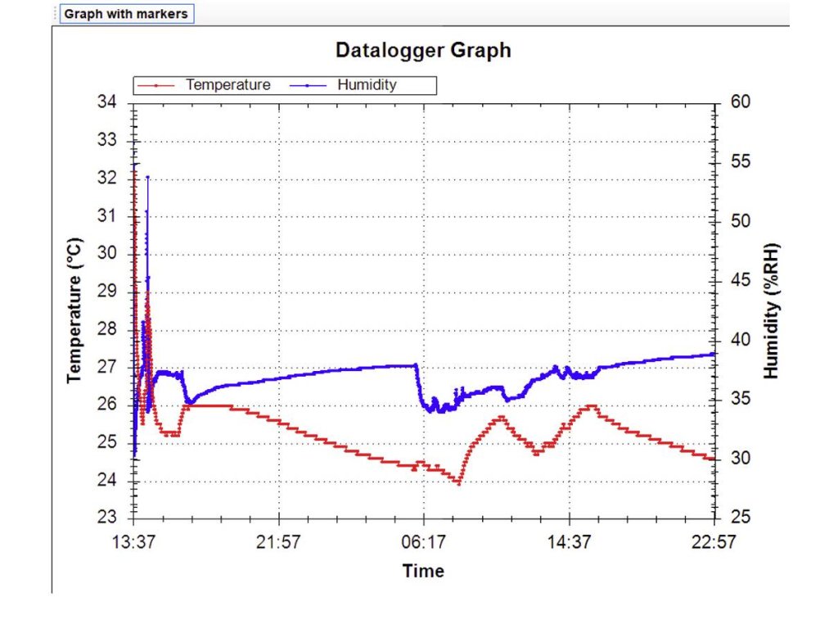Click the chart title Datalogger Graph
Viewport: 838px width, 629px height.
(x=423, y=50)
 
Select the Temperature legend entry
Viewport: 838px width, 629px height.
(x=228, y=84)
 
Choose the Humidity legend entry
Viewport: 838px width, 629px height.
(x=366, y=84)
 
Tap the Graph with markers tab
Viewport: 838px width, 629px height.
(x=126, y=14)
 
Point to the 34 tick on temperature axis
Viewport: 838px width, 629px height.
(x=107, y=102)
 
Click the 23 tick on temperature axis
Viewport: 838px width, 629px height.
(x=107, y=518)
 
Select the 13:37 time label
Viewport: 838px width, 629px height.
(x=134, y=542)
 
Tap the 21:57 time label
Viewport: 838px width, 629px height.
(x=279, y=542)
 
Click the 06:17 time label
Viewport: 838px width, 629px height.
(x=424, y=542)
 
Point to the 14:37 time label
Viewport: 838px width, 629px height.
(x=570, y=542)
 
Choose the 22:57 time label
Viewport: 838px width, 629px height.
(x=714, y=542)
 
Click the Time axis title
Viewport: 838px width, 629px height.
(x=423, y=571)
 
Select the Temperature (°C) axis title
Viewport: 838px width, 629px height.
(x=75, y=310)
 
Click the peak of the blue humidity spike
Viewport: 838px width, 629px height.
(x=147, y=176)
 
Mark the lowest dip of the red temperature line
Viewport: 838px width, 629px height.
(x=459, y=483)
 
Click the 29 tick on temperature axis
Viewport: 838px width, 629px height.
(x=107, y=292)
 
